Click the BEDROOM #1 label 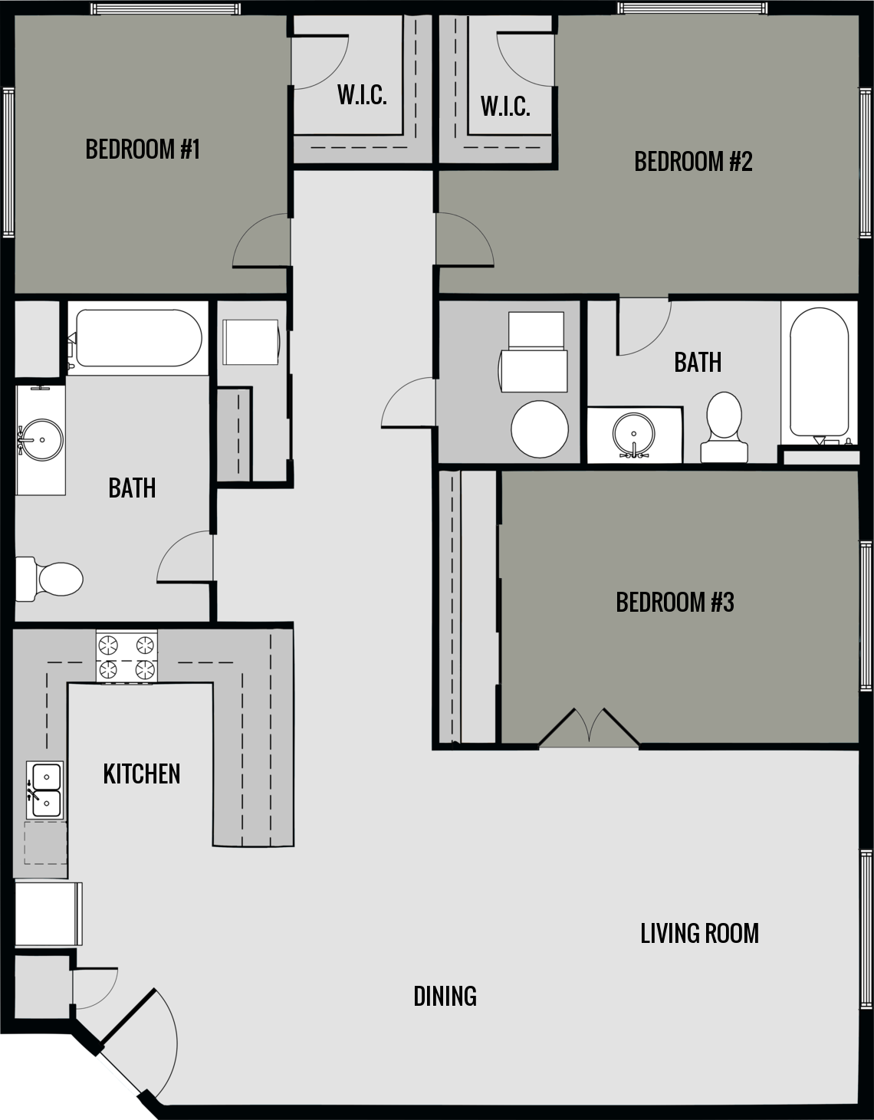pos(143,149)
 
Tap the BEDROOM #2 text pos(693,161)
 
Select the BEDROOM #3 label pos(675,603)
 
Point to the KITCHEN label pos(142,773)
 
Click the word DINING pos(445,996)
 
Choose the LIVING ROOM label pos(699,933)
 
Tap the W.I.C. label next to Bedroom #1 pos(362,95)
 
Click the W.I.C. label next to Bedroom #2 pos(505,106)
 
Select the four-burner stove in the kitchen pos(127,657)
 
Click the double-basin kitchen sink pos(45,790)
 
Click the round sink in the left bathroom pos(39,440)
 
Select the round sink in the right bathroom pos(634,435)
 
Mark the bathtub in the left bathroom pos(136,338)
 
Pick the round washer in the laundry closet pos(540,429)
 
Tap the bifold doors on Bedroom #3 pos(589,728)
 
